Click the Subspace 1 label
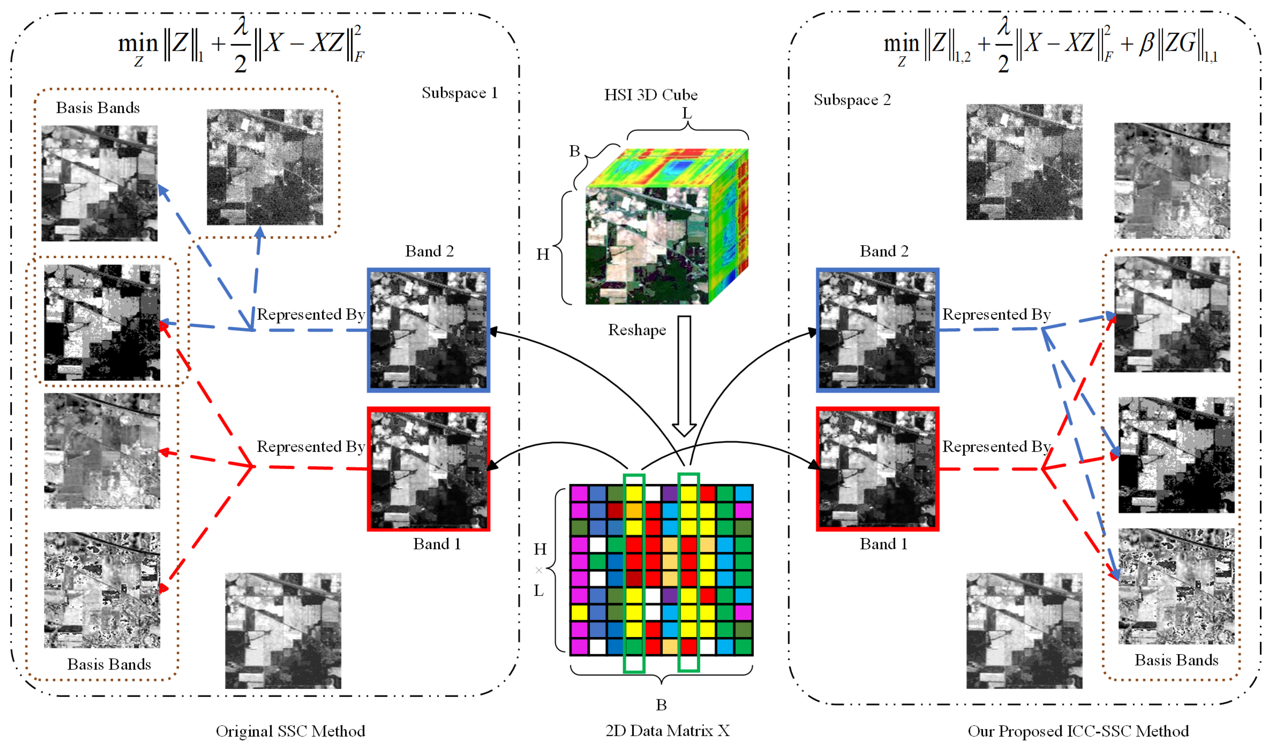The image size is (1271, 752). click(x=459, y=93)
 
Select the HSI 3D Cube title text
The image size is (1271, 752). click(x=650, y=95)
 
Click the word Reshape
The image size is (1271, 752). click(x=636, y=331)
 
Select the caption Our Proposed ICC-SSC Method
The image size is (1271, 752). click(x=1078, y=731)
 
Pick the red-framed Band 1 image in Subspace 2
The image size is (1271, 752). click(x=877, y=469)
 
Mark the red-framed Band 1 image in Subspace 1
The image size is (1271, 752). click(x=428, y=469)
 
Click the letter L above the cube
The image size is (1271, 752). click(x=687, y=113)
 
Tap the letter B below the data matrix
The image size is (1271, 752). click(x=661, y=705)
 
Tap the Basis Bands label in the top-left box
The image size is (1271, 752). click(x=98, y=108)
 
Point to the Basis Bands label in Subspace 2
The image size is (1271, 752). click(x=1176, y=660)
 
